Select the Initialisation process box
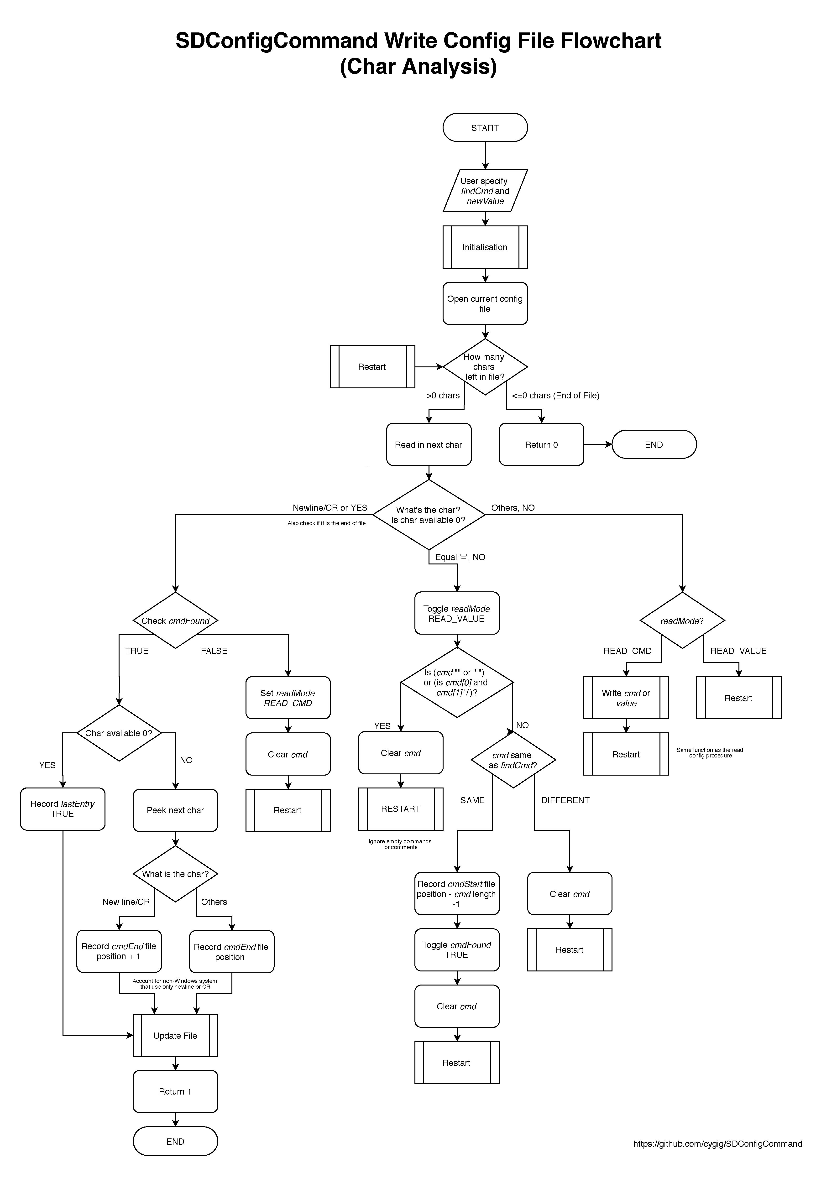point(485,247)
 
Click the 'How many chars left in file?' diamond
point(485,367)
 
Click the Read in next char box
point(429,444)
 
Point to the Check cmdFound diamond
point(175,620)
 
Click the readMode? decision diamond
point(682,620)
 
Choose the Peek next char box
point(175,810)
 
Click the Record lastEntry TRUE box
point(63,808)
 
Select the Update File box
point(175,1035)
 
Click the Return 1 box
point(175,1091)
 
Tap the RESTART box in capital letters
point(401,808)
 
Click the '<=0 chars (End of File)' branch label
point(555,396)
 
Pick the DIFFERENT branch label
point(565,800)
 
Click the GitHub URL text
point(717,1143)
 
